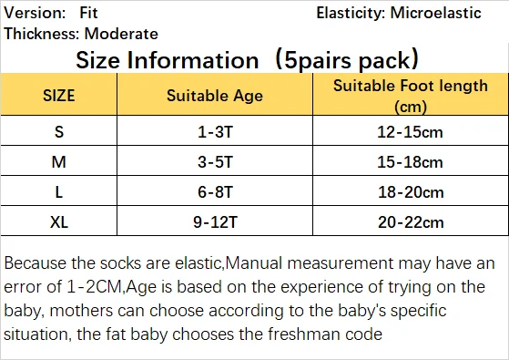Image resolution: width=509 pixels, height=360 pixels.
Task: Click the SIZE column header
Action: (x=59, y=96)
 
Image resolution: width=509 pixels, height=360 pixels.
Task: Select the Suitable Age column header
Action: (x=215, y=96)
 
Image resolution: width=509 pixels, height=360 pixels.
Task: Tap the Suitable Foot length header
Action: (x=411, y=96)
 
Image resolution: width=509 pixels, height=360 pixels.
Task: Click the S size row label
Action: (x=59, y=132)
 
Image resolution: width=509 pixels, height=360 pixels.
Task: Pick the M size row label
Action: (x=59, y=162)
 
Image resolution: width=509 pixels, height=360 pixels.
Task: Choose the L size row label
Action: (x=59, y=192)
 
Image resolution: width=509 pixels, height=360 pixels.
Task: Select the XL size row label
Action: (x=59, y=222)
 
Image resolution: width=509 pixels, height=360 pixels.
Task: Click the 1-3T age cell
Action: (x=215, y=132)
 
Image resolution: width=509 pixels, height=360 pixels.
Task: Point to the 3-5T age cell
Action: (x=215, y=162)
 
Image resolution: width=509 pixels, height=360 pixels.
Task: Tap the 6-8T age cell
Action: (x=215, y=192)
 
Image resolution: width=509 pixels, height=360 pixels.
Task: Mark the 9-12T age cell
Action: (x=215, y=222)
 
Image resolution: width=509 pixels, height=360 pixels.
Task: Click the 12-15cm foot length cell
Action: (x=410, y=132)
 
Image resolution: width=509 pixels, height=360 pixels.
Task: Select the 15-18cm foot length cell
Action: (x=410, y=162)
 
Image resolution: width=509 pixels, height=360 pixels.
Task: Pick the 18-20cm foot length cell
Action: (x=411, y=192)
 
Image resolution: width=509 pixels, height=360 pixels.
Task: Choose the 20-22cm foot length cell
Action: (x=411, y=222)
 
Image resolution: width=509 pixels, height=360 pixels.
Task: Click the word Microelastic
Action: (x=435, y=13)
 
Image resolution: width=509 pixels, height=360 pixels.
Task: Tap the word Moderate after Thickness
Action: (x=121, y=34)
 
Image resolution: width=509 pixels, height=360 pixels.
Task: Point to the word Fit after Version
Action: (x=88, y=13)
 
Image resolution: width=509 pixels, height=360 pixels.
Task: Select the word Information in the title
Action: (x=193, y=60)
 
